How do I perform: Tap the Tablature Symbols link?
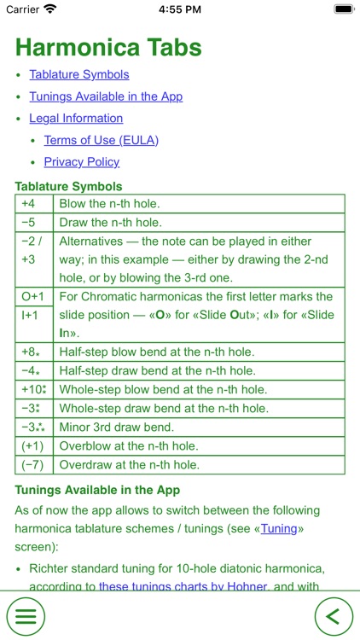point(79,75)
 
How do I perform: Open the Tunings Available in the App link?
point(106,96)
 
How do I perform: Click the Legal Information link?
point(76,119)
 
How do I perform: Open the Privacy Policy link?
point(82,162)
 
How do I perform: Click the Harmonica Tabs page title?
point(108,46)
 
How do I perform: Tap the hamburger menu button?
point(26,614)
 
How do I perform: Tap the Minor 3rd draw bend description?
point(116,428)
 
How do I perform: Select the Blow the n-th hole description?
point(109,204)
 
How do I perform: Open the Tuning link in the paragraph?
point(279,528)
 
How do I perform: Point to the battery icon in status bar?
point(342,9)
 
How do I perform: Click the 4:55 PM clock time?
point(179,9)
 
